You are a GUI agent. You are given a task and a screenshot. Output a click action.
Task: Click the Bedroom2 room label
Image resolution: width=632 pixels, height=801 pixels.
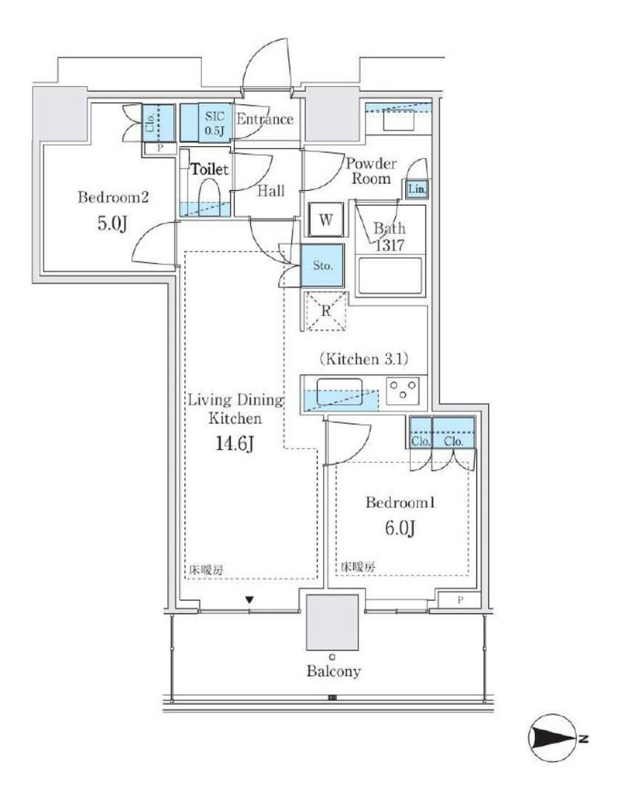[113, 196]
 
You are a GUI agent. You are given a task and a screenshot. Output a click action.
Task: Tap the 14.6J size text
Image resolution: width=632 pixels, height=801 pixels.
[235, 443]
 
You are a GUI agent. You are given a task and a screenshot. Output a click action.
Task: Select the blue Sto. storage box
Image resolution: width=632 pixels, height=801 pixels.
[322, 265]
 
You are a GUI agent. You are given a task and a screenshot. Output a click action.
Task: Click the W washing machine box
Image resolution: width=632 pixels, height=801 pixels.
[326, 220]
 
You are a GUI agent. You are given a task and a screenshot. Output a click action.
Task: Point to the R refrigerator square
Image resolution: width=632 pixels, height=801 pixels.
[326, 311]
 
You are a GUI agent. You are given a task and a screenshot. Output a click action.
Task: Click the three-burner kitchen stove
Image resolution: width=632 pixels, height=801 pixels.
[403, 390]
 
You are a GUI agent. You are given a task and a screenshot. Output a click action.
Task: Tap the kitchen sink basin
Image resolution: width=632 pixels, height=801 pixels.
[339, 392]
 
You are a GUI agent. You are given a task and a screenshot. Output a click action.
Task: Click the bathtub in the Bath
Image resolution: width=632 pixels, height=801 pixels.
[390, 276]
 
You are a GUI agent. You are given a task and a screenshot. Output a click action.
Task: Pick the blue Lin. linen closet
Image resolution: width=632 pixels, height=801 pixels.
[417, 189]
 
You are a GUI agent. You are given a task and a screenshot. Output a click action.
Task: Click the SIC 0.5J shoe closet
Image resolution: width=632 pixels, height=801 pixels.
[206, 123]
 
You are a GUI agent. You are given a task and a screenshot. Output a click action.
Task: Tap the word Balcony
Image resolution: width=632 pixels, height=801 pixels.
[333, 670]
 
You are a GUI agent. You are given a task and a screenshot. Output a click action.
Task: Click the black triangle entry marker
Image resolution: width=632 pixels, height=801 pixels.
[249, 600]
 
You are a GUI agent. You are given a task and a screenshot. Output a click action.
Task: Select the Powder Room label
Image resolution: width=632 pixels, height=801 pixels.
[371, 171]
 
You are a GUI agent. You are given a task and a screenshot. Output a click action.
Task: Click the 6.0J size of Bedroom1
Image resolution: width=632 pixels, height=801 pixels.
[400, 528]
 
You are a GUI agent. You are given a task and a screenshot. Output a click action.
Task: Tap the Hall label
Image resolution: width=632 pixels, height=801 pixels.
[271, 191]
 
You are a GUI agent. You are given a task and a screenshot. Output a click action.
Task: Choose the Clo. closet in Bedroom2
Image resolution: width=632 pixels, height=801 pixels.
[158, 123]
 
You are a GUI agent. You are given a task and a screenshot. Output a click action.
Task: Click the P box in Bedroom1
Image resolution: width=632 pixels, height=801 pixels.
[459, 600]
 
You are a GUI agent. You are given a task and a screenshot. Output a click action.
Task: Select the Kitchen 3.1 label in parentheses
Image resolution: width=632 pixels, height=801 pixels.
[364, 359]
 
